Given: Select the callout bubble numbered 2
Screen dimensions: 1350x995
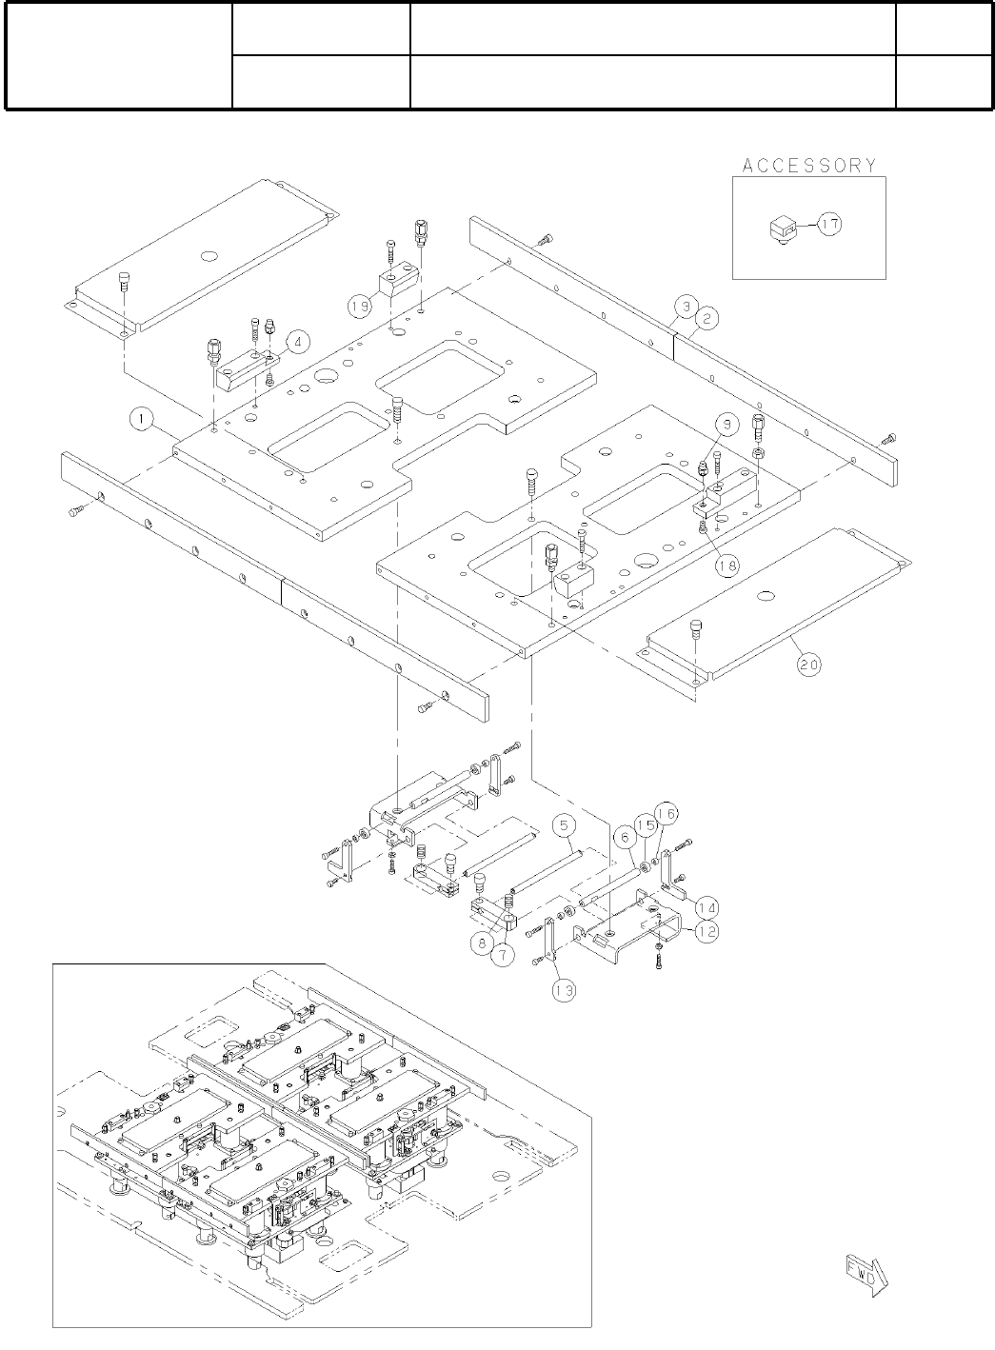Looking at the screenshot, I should (x=706, y=320).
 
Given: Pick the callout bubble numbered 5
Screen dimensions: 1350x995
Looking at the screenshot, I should (x=564, y=823).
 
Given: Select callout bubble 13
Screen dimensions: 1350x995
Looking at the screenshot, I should (x=564, y=990).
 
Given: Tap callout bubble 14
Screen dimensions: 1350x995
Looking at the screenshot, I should (x=706, y=905).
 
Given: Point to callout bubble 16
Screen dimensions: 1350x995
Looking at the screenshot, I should (x=666, y=814).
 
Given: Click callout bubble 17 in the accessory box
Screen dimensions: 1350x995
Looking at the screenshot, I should (x=830, y=225).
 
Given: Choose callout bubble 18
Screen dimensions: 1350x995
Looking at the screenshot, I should (x=727, y=565).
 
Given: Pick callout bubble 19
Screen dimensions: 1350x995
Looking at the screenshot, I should (x=360, y=307).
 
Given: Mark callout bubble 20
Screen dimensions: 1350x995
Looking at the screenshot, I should (x=808, y=666).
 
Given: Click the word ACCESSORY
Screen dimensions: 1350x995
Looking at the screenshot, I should (x=808, y=166).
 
